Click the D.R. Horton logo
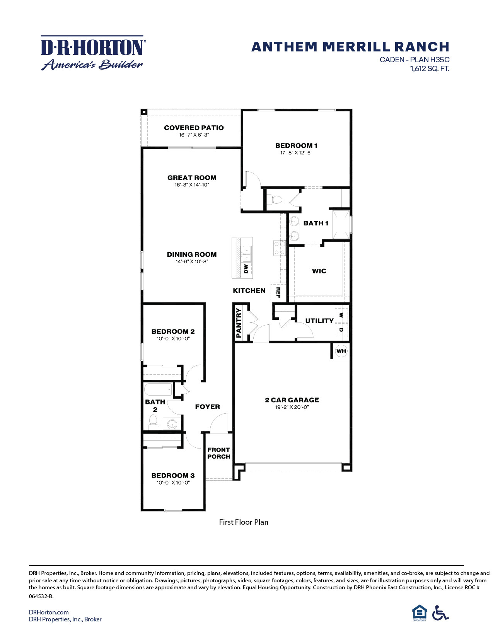tap(93, 53)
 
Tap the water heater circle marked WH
tap(341, 351)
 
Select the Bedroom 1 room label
tap(296, 146)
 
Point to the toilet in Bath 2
tap(153, 422)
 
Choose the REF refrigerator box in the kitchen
tap(278, 293)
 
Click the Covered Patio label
tap(194, 128)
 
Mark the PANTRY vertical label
tap(239, 323)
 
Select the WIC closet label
tap(319, 271)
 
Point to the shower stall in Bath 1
tap(341, 224)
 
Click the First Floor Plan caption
tap(244, 522)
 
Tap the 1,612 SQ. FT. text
tap(430, 69)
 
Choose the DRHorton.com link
tap(49, 612)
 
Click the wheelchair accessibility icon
tap(440, 613)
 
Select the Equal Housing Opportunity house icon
tap(420, 613)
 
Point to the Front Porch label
tap(218, 453)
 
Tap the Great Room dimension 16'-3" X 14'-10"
tap(192, 185)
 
